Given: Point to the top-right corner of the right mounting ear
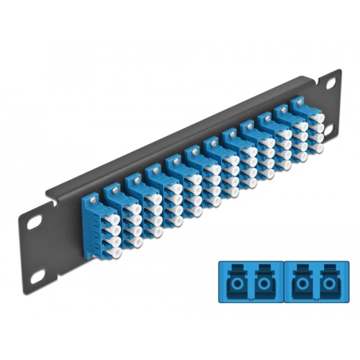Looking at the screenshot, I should pyautogui.click(x=339, y=71).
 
